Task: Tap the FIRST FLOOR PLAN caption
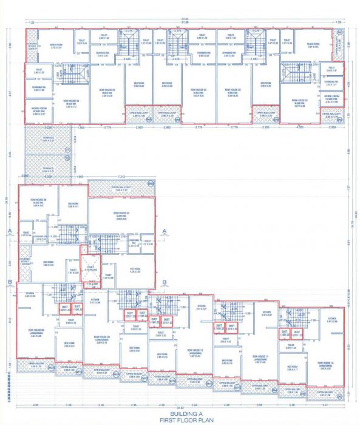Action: tap(180, 420)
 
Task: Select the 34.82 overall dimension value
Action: tap(180, 407)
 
